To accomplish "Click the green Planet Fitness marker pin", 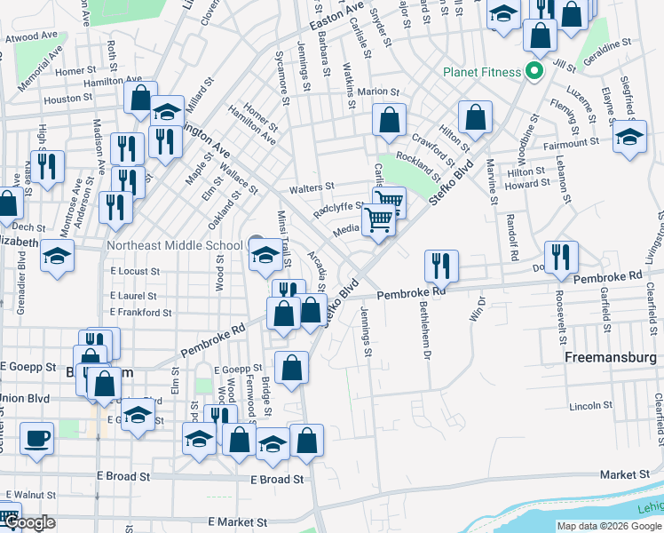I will [x=534, y=70].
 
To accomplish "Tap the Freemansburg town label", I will [x=610, y=358].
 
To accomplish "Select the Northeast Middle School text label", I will [x=174, y=245].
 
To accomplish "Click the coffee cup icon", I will [x=36, y=440].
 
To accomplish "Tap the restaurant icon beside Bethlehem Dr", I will [x=441, y=265].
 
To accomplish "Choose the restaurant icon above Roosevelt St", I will [x=560, y=257].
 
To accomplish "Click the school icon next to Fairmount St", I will [x=629, y=139].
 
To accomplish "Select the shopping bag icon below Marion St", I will [x=389, y=120].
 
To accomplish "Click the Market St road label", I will [x=619, y=475].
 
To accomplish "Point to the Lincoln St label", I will [x=586, y=406].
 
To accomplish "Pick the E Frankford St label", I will [x=141, y=313].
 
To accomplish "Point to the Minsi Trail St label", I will [x=284, y=242].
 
